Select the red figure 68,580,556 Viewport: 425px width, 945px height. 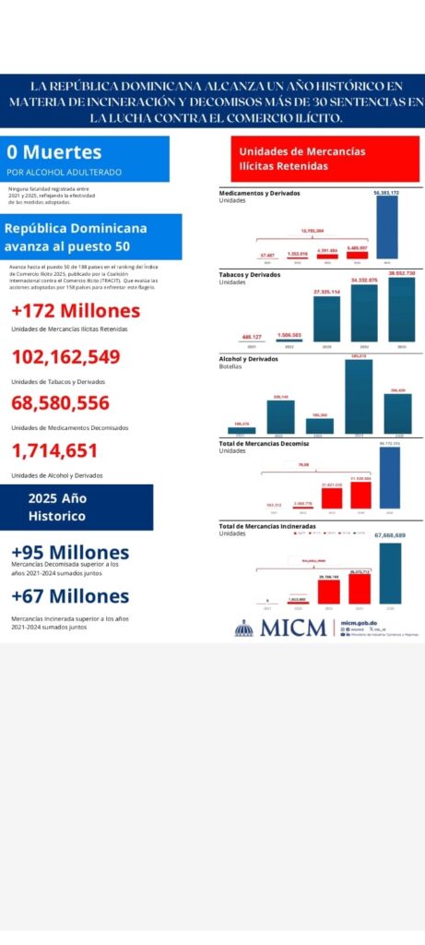(x=61, y=402)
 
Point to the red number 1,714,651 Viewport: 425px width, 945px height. (x=53, y=450)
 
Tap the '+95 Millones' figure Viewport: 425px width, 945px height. (x=70, y=552)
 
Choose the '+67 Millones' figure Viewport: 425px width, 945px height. (x=70, y=596)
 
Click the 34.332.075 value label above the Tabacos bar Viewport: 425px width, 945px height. (x=364, y=280)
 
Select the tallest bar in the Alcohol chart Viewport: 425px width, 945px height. (x=359, y=397)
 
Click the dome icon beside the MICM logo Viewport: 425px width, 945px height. (x=243, y=628)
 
